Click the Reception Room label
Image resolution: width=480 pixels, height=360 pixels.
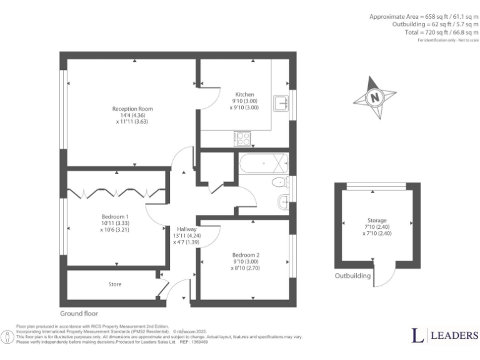click(132, 109)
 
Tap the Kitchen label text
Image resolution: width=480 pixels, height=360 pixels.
click(244, 94)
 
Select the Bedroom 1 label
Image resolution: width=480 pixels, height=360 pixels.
click(114, 216)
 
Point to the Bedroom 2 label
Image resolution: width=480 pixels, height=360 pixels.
click(244, 254)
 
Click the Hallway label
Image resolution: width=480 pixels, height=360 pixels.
click(187, 229)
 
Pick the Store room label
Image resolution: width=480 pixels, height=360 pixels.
click(115, 284)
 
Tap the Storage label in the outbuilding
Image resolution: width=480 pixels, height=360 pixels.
click(377, 221)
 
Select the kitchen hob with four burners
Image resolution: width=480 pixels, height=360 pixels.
click(242, 138)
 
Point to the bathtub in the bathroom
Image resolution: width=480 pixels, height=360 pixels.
click(263, 165)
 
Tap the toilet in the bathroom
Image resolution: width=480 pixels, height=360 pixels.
click(279, 182)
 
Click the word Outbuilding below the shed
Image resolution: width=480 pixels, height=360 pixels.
click(352, 276)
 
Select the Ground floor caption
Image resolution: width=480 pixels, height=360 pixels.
click(79, 313)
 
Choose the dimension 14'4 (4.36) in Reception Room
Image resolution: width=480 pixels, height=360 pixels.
click(132, 116)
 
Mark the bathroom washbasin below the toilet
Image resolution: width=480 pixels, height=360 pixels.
click(282, 201)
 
